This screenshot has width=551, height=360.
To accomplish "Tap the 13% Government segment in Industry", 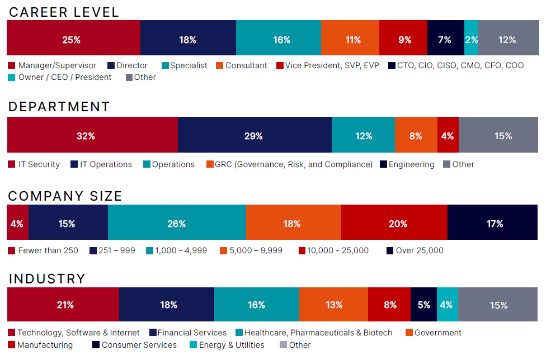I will tap(333, 305).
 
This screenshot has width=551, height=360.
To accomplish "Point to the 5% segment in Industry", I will tap(423, 305).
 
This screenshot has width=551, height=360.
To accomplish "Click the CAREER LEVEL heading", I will tap(64, 12).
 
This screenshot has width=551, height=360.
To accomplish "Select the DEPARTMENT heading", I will tap(59, 107).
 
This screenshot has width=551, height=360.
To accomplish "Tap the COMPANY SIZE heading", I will tap(65, 196).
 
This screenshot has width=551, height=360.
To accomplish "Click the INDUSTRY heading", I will tap(47, 278).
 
